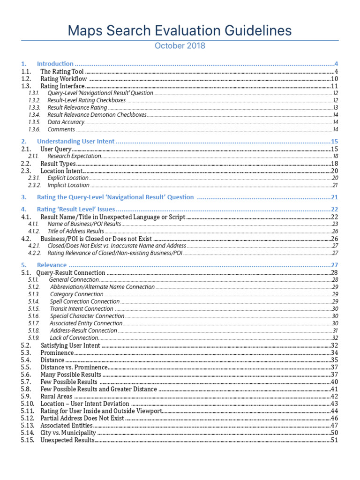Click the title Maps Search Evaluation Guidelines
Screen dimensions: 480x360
point(180,31)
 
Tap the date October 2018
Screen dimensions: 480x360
point(180,46)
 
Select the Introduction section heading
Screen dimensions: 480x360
point(55,64)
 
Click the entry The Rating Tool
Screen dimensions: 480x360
point(62,71)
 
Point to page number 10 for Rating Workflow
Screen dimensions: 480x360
point(335,79)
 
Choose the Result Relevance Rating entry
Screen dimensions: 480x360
point(77,108)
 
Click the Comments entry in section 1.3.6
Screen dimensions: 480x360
point(61,129)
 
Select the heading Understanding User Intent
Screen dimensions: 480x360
point(76,142)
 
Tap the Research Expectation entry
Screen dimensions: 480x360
point(74,156)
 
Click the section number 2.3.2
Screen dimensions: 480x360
point(35,185)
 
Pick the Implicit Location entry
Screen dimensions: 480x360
point(68,185)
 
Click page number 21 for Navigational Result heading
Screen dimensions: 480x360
point(335,197)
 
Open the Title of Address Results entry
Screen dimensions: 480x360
point(75,231)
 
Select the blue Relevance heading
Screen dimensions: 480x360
point(52,265)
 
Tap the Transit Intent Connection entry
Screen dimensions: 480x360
point(82,309)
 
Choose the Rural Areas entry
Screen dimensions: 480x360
point(56,396)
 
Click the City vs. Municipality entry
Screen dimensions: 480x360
point(68,433)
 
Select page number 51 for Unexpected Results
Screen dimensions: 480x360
point(335,440)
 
